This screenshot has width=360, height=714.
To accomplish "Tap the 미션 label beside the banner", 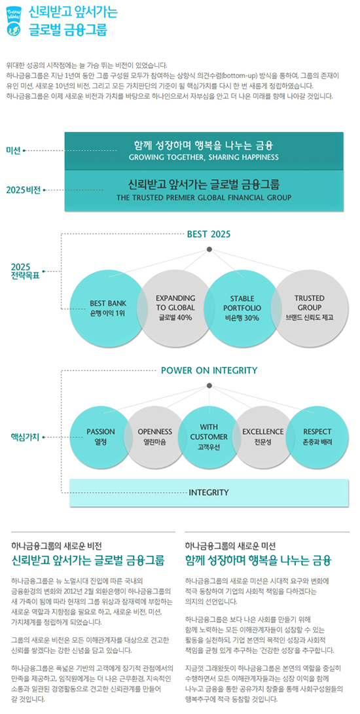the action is tap(13, 151).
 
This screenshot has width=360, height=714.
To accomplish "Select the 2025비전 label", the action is tap(24, 189).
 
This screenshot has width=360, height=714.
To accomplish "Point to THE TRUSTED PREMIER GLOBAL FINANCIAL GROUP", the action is tap(204, 198).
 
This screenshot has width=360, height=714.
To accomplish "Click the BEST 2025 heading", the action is tap(209, 234).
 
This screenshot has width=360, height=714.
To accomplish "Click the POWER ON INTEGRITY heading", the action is tap(209, 370).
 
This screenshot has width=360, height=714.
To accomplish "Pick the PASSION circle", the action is tap(101, 437).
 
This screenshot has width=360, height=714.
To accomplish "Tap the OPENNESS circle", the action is tap(155, 437).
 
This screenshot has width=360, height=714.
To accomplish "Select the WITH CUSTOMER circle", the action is tap(209, 437).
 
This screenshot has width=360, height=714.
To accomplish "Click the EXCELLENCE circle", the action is tap(263, 437).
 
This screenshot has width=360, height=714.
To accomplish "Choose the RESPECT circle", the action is tap(317, 437).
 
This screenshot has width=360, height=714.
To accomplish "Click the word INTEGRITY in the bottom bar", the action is tap(209, 493).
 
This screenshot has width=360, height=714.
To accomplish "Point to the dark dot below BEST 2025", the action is tap(209, 249).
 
